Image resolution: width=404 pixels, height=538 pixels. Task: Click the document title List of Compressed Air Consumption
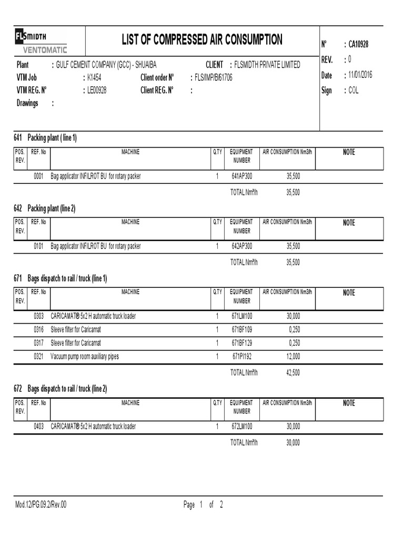coord(202,40)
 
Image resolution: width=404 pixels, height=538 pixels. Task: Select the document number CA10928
coord(358,45)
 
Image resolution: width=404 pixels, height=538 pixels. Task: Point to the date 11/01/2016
coord(360,75)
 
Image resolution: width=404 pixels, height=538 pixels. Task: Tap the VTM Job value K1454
coord(95,77)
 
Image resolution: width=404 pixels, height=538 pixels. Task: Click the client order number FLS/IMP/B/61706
coord(214,77)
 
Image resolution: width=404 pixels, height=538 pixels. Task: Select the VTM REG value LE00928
coord(97,90)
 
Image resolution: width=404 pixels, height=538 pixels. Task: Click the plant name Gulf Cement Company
coord(106,65)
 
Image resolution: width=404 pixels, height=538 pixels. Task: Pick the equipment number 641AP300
coord(242,177)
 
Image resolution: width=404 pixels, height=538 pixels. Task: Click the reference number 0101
coord(38,246)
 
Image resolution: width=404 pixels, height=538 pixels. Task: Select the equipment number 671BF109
coord(242,330)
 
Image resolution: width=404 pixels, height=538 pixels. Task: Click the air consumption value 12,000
coord(293,357)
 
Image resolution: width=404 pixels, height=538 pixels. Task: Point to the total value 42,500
coord(293,373)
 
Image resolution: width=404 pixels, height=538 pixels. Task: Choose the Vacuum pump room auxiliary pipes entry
coord(85,357)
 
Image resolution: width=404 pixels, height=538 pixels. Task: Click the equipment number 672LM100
coord(242,427)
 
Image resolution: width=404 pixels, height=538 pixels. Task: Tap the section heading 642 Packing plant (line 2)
coord(45,209)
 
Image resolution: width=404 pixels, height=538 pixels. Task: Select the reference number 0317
coord(38,343)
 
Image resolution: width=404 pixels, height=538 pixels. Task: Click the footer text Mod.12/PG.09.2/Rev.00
coord(41,505)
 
